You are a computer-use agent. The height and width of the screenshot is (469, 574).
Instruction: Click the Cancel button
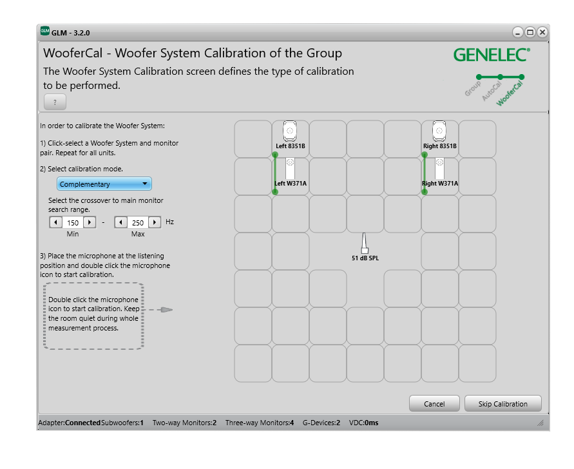(x=434, y=404)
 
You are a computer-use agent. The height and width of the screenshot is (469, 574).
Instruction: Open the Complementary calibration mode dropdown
(x=104, y=184)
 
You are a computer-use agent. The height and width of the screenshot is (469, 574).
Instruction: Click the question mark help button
(x=55, y=102)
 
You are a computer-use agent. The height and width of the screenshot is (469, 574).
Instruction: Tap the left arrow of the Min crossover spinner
(x=55, y=222)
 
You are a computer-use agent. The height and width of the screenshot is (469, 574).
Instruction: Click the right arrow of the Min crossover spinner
(x=90, y=222)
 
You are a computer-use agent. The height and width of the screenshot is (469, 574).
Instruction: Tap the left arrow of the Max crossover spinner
(x=120, y=222)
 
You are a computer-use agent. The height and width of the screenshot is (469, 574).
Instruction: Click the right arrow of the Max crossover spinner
(x=155, y=222)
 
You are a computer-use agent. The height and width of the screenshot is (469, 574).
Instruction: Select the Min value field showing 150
(x=72, y=222)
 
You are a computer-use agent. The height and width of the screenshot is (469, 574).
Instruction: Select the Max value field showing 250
(x=137, y=222)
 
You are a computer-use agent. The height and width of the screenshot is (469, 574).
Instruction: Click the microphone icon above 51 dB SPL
(x=364, y=244)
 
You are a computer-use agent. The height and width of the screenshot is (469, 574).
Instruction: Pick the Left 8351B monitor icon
(x=291, y=131)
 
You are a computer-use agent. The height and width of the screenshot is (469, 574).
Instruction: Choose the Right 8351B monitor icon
(x=439, y=131)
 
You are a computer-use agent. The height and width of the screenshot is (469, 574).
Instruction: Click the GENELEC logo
(x=492, y=55)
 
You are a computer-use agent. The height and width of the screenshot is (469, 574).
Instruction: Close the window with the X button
(x=542, y=32)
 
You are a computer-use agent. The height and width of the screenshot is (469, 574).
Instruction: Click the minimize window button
(x=518, y=32)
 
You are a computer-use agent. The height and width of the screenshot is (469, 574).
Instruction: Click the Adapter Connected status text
(x=69, y=423)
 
